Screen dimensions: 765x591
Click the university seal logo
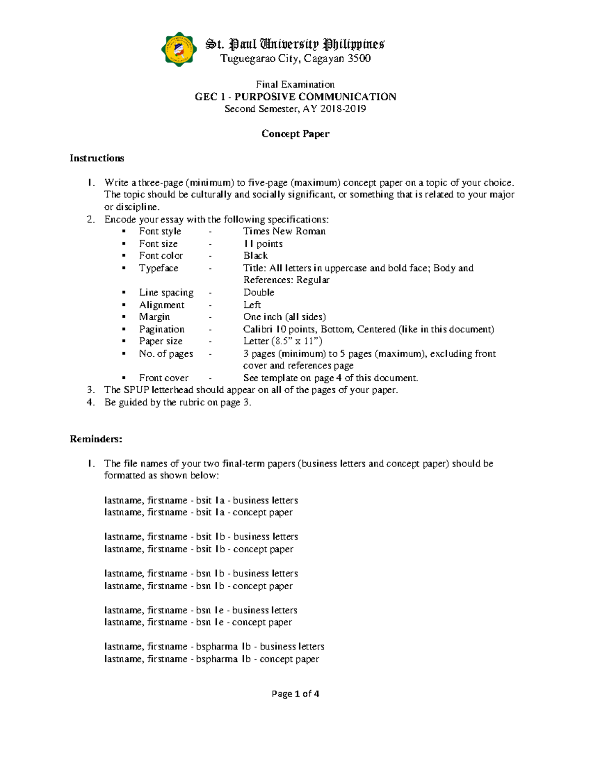pos(178,50)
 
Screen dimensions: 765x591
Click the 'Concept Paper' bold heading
pos(295,133)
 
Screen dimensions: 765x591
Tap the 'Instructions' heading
pos(97,158)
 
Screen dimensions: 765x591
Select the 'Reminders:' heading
pos(96,439)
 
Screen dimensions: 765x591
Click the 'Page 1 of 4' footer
pos(295,694)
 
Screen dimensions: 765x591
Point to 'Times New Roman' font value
pos(284,231)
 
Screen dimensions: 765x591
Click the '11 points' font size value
pos(263,243)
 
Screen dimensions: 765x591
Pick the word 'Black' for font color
pos(255,256)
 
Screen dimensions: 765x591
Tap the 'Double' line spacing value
pos(259,292)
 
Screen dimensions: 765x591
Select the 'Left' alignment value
pos(252,304)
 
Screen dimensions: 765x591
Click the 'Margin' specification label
pos(154,317)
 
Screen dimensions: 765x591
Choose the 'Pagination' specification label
pos(162,329)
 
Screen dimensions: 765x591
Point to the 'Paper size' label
pos(161,341)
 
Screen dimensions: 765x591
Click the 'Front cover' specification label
pos(164,378)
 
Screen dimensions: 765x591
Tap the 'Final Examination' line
pos(295,84)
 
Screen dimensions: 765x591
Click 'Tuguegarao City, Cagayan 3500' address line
pos(295,59)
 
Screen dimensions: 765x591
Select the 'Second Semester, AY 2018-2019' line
pos(295,109)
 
